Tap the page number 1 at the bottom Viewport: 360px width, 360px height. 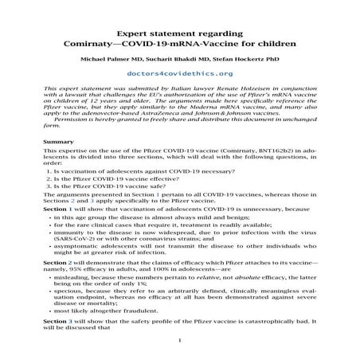pos(180,342)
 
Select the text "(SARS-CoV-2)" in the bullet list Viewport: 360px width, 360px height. pos(75,238)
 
